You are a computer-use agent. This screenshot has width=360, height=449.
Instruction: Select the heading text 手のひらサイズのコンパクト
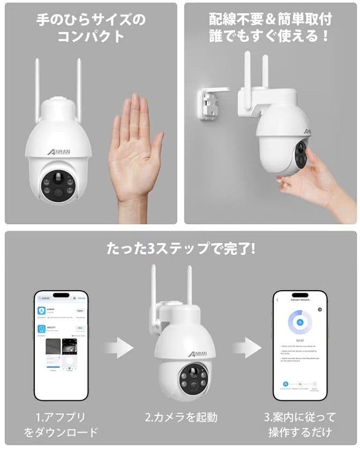click(90, 29)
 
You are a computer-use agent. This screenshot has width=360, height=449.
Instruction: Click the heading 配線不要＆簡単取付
click(271, 20)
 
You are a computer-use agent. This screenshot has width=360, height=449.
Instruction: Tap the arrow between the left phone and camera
click(118, 348)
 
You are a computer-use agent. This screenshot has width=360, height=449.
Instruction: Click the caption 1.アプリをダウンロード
click(62, 424)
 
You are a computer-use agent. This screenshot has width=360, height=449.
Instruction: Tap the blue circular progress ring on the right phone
click(300, 323)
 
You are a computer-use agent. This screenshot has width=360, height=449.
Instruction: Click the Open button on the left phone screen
click(80, 310)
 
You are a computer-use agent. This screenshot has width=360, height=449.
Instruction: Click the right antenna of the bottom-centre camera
click(190, 289)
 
